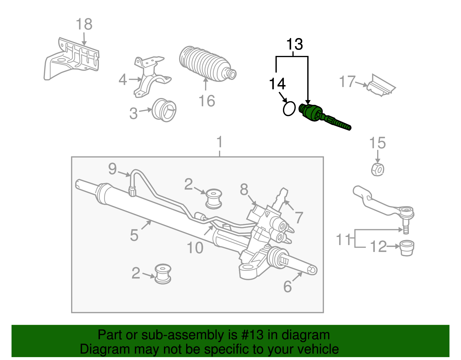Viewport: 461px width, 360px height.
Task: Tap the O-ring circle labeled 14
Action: coord(289,109)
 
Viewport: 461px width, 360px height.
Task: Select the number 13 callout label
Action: coord(294,45)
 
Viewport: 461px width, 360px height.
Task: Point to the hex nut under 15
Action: coord(377,169)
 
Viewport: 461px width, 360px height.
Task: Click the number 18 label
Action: coord(84,24)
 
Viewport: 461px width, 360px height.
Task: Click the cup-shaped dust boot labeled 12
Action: coord(407,247)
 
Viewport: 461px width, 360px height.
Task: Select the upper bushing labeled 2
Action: coord(214,198)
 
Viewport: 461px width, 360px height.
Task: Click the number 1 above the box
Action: coord(220,142)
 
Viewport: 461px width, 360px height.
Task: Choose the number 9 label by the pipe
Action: coord(113,169)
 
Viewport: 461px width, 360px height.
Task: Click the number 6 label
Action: coord(287,286)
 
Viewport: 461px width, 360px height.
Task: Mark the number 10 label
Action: coord(195,248)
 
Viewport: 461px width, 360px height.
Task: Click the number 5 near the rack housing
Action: coord(134,235)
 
